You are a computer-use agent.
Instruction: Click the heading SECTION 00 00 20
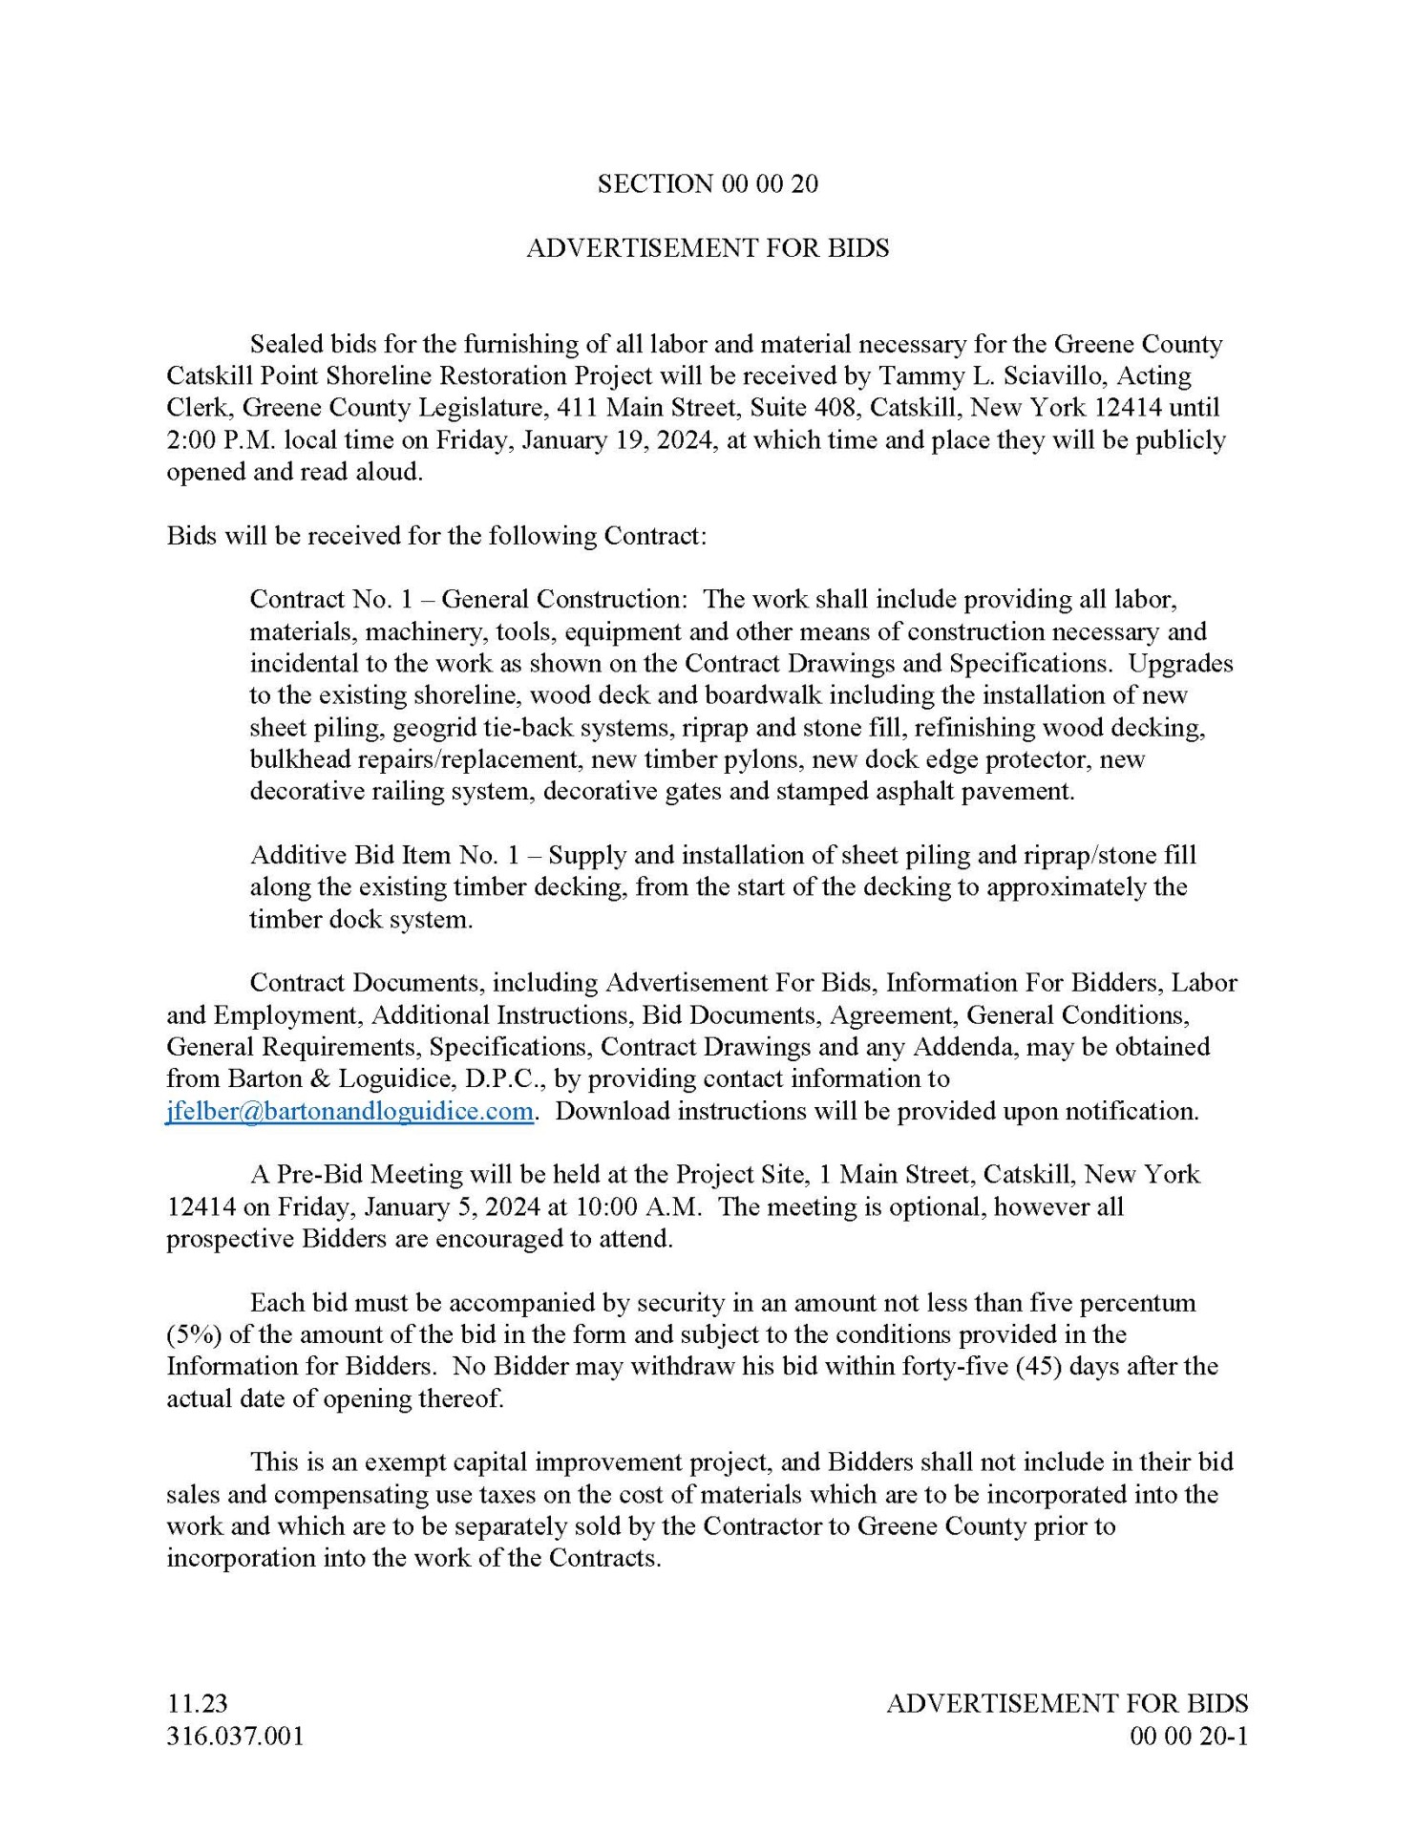(x=708, y=184)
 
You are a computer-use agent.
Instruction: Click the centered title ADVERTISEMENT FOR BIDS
(x=708, y=248)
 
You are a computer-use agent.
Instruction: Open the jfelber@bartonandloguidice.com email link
(x=349, y=1111)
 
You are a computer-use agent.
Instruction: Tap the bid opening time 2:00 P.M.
(x=207, y=440)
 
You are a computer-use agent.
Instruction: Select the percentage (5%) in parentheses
(x=195, y=1334)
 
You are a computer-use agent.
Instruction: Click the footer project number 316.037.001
(x=235, y=1736)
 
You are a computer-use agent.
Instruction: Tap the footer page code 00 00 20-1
(x=1189, y=1736)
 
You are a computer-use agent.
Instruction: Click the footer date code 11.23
(x=197, y=1703)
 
